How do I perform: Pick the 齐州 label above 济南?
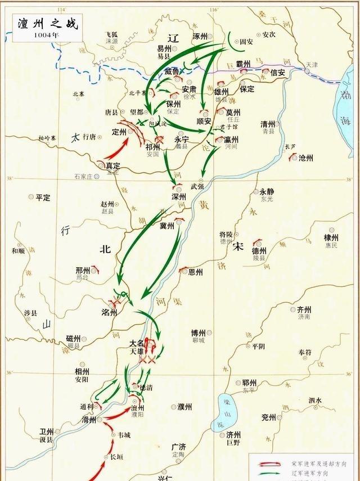click(x=304, y=309)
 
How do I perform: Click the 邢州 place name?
click(x=83, y=270)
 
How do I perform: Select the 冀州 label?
click(x=167, y=226)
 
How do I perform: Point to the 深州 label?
click(x=178, y=197)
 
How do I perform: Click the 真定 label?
click(x=113, y=166)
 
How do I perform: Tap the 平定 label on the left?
click(x=43, y=197)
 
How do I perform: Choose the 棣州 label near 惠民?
click(x=331, y=238)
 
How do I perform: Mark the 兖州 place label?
click(x=268, y=417)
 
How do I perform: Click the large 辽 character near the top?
click(x=173, y=38)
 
